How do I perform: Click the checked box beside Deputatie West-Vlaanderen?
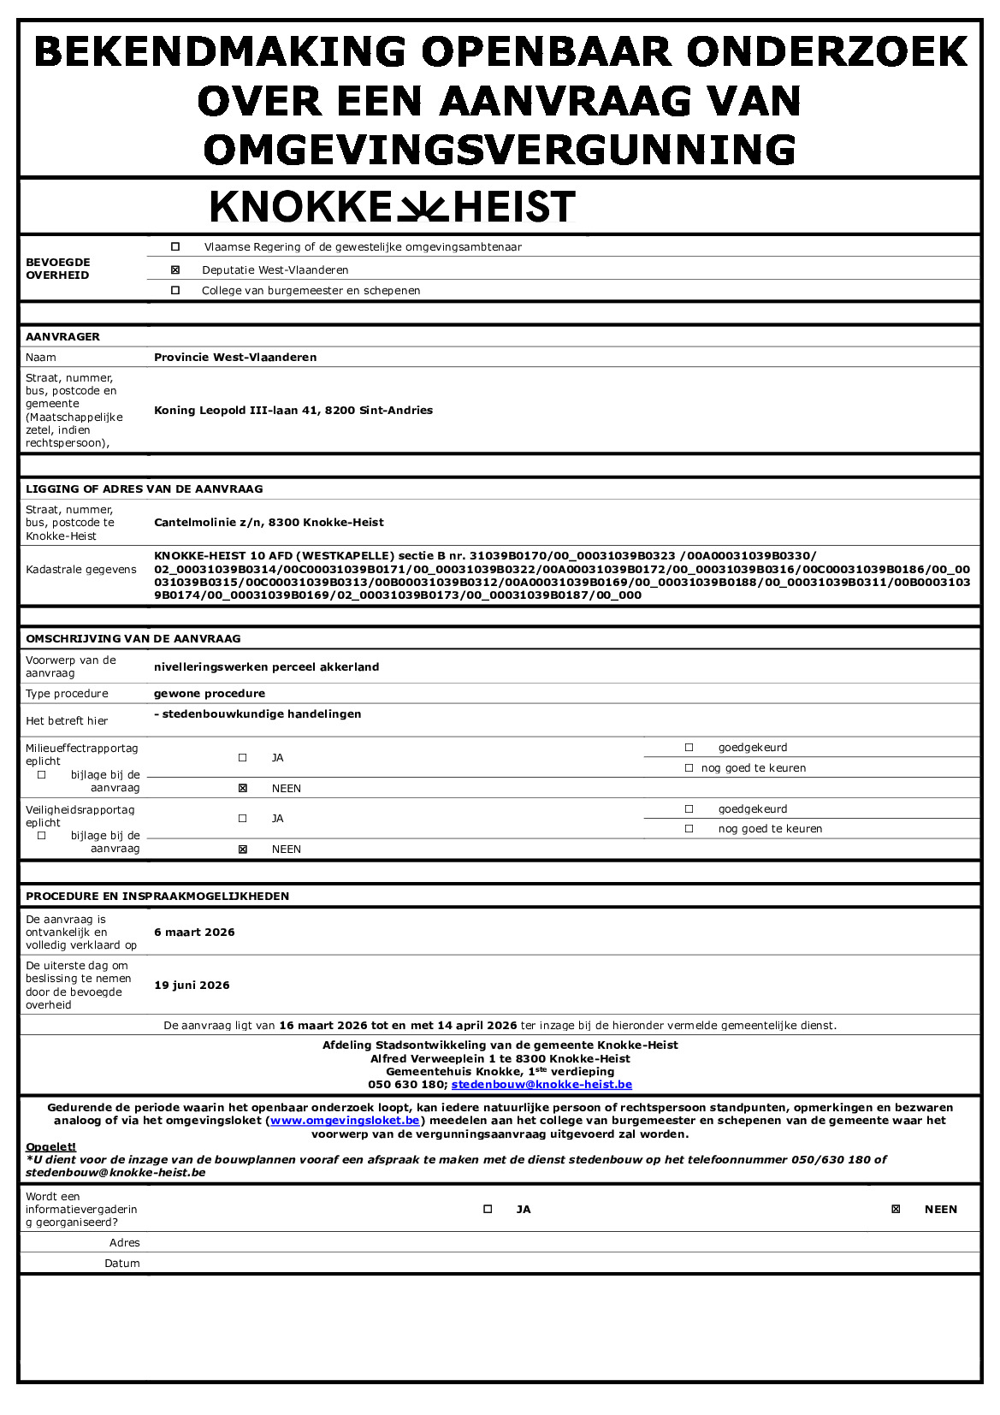(175, 269)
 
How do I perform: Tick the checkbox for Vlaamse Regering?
(175, 246)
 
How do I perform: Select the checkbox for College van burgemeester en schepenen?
(175, 290)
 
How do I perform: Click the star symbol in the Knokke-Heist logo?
(422, 207)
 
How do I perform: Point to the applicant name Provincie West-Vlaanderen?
(235, 358)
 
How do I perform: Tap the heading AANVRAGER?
(62, 337)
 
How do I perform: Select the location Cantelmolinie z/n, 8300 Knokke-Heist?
(269, 523)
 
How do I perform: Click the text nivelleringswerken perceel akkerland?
(266, 667)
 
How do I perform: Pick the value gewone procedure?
(210, 694)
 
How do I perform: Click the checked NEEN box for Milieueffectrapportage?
(243, 788)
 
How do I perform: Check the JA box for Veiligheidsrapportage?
(243, 819)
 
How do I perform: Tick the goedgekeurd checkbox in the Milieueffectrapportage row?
(689, 747)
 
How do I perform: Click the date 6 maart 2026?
(194, 932)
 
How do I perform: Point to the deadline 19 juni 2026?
(192, 986)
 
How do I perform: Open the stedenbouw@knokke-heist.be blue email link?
(541, 1085)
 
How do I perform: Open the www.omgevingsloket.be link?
(345, 1121)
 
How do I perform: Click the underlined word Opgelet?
(50, 1147)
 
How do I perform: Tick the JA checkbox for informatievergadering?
(488, 1209)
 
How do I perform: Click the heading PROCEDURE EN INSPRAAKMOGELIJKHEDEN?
(157, 897)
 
